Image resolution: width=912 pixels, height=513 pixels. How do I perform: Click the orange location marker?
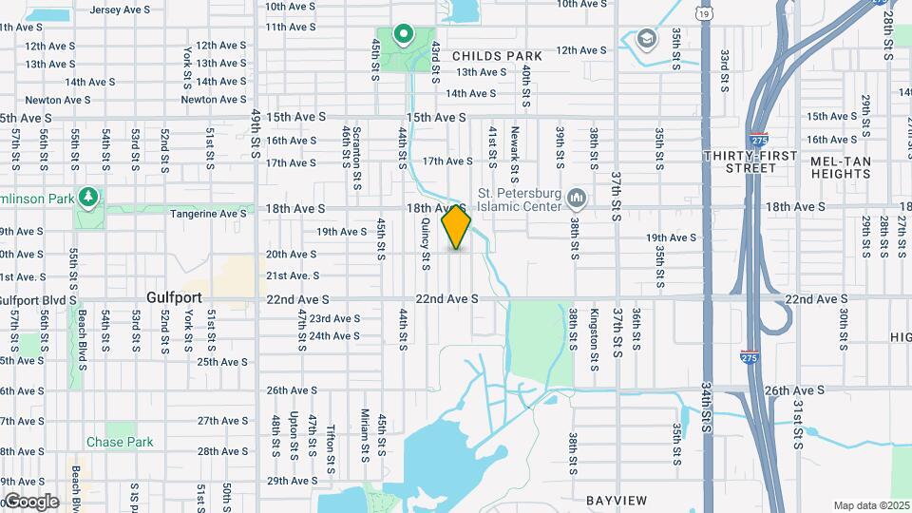point(457,228)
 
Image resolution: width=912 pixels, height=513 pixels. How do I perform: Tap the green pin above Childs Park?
point(403,36)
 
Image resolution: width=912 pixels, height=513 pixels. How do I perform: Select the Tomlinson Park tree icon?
point(88,197)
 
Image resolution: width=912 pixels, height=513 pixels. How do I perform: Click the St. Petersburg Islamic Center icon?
point(576,198)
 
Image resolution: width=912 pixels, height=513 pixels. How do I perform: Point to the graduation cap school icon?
point(647,39)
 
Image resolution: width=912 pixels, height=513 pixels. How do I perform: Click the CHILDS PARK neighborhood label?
point(497,56)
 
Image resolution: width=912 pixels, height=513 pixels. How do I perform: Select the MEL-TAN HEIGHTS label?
point(842,168)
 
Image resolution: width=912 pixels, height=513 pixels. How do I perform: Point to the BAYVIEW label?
point(617,500)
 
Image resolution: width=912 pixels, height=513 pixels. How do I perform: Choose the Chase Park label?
point(120,442)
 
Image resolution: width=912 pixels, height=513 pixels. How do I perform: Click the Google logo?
point(30,501)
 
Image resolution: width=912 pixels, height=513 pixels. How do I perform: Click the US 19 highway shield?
point(702,13)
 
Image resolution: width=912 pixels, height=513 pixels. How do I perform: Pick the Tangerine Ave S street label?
point(208,215)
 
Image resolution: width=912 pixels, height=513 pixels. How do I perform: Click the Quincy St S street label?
point(425,242)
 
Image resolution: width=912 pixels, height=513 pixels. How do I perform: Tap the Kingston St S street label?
point(595,326)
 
